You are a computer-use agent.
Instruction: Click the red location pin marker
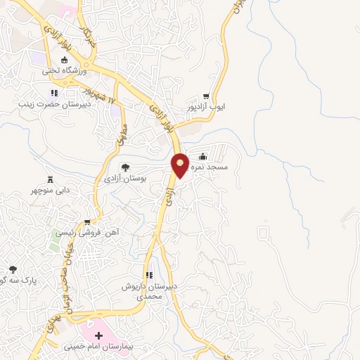tap(180, 164)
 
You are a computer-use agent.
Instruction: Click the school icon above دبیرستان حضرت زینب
tap(53, 92)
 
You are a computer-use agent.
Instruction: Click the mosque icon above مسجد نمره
tap(202, 156)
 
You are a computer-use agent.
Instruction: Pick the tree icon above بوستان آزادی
tap(125, 167)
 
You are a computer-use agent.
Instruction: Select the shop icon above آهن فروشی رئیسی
tap(87, 221)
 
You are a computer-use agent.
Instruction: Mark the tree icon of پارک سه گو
tap(13, 269)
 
